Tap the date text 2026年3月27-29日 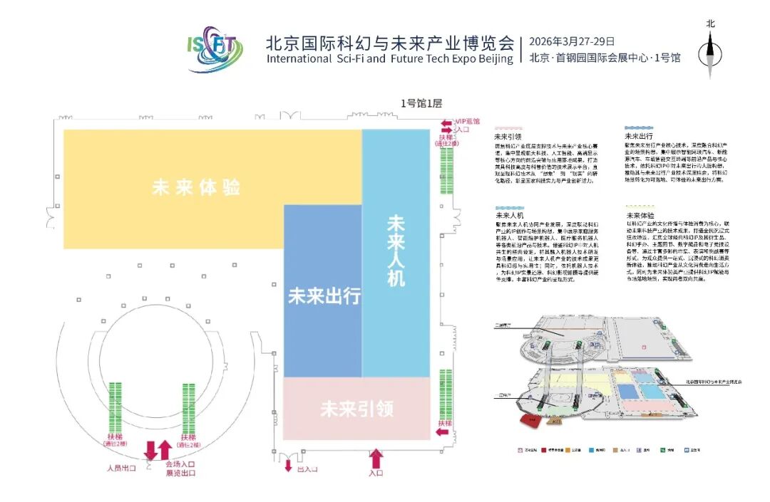[572, 41]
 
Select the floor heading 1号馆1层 [421, 104]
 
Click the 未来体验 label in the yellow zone [195, 188]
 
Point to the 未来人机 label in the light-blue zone [396, 250]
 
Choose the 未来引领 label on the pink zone [357, 409]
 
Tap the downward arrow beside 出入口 [288, 465]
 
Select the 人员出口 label [120, 468]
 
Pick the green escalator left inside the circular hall [115, 406]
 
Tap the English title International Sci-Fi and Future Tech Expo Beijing [389, 58]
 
